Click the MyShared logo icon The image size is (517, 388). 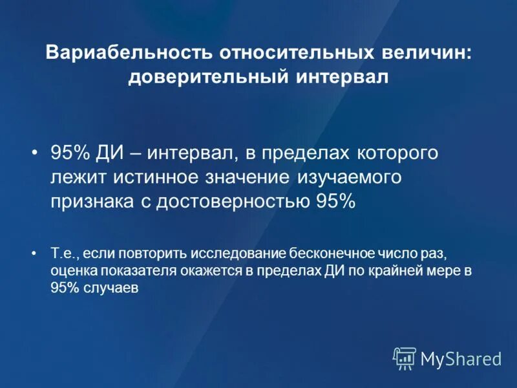(405, 358)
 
